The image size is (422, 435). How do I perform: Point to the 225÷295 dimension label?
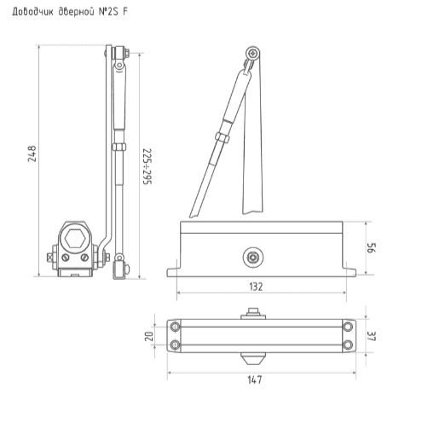pos(146,165)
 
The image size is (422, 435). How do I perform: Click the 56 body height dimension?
pos(373,248)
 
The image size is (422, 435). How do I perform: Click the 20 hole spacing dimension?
pos(149,335)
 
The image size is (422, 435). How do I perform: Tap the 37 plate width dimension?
pos(372,335)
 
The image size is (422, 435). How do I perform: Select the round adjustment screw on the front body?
pos(252,255)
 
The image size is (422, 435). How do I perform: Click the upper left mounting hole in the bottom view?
pos(176,326)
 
